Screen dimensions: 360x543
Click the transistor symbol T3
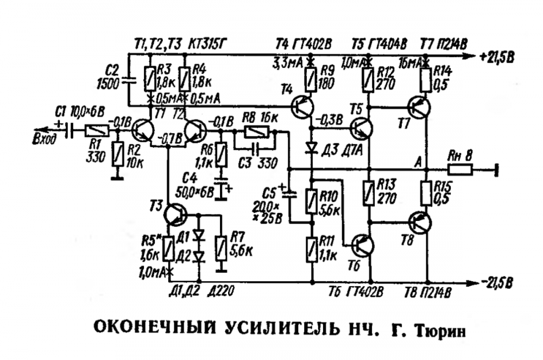[x=176, y=213]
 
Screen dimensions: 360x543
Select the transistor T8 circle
[x=420, y=222]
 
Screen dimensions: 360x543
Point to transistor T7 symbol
[x=419, y=108]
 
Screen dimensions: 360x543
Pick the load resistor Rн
[x=457, y=170]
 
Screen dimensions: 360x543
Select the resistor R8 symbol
[x=254, y=131]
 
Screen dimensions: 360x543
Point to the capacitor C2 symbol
[x=129, y=81]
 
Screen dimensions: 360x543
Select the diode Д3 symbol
[x=312, y=148]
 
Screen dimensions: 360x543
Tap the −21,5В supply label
[x=496, y=282]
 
